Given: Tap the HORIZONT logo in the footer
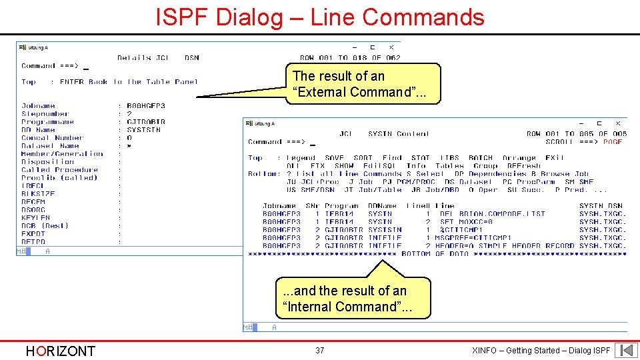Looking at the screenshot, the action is pos(60,351).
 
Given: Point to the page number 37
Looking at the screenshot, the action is pos(320,351).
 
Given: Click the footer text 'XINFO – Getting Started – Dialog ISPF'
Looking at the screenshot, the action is pos(540,351).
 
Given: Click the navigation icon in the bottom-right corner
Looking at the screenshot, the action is pos(626,350).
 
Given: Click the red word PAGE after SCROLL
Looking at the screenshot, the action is pos(612,142).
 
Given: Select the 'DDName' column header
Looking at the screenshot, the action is pos(382,206).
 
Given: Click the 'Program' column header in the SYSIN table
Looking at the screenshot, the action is pos(342,206).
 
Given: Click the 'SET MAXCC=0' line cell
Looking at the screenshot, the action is pos(467,222).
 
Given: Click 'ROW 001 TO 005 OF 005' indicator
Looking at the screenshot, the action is pos(577,134).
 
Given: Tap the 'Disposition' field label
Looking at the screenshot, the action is pos(47,162).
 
